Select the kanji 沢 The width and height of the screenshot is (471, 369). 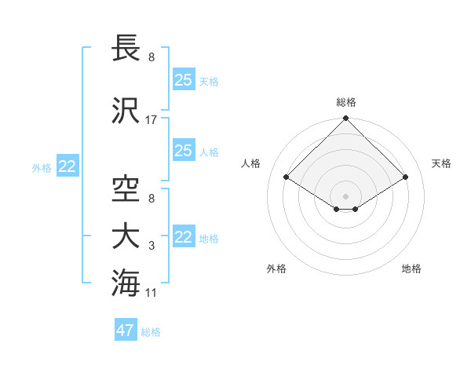(x=126, y=110)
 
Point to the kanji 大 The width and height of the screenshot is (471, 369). (x=126, y=236)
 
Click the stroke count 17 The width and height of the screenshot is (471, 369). (x=152, y=120)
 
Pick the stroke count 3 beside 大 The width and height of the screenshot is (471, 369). (x=152, y=247)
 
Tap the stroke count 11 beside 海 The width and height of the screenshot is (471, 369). (x=152, y=293)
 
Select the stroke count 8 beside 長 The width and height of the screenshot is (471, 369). (x=152, y=57)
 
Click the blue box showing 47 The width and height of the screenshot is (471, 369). (x=126, y=331)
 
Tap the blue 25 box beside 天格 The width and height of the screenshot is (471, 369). (x=183, y=79)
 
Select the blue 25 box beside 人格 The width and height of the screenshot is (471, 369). (x=183, y=151)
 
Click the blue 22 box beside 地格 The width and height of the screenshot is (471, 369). (x=183, y=237)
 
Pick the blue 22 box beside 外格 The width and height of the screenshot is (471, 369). (x=67, y=166)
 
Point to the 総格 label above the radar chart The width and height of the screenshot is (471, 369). (x=346, y=102)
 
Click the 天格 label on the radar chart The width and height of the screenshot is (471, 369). (x=442, y=163)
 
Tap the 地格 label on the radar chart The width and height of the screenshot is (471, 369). (x=411, y=269)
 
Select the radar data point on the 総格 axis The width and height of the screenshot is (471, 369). (x=345, y=119)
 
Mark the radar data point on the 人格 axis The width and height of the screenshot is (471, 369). (x=287, y=177)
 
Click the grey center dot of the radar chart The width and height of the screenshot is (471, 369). (x=345, y=195)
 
